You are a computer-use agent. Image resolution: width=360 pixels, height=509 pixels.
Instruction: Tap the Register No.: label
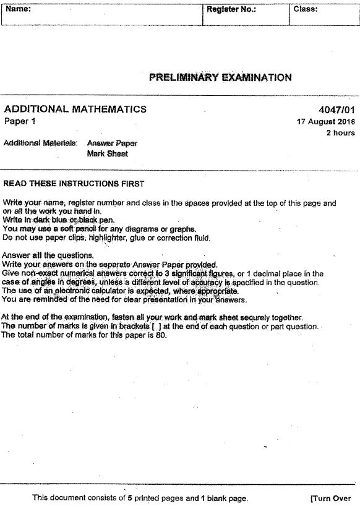pos(231,9)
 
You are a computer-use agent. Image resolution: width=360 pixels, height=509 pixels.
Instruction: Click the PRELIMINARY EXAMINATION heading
pos(220,77)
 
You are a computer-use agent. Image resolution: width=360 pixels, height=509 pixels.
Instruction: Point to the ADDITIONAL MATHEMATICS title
pos(75,109)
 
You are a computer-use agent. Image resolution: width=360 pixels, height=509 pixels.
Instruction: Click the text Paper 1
pos(20,121)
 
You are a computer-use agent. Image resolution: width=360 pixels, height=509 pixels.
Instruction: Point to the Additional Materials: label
pos(40,143)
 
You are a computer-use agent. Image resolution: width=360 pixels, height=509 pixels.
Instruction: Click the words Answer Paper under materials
pos(112,143)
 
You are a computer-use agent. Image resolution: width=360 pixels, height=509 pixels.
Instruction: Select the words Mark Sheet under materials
pos(107,153)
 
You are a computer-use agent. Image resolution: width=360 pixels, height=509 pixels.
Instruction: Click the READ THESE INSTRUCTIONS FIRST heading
pos(73,184)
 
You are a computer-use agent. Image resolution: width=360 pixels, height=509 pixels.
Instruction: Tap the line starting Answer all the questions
pos(48,255)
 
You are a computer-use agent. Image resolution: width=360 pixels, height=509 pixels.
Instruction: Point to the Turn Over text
pos(330,498)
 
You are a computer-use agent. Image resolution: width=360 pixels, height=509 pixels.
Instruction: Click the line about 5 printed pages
pos(140,498)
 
